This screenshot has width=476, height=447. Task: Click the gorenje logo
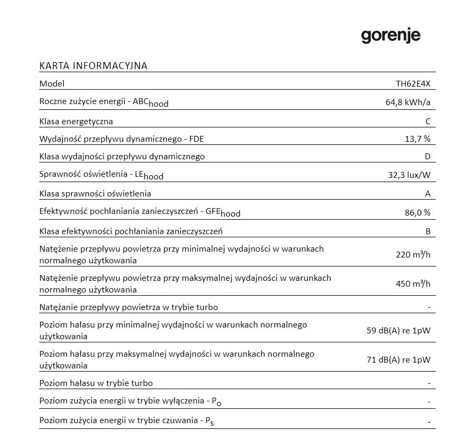pyautogui.click(x=391, y=36)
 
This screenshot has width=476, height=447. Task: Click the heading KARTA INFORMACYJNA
pyautogui.click(x=93, y=66)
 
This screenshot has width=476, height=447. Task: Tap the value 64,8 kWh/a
pyautogui.click(x=408, y=102)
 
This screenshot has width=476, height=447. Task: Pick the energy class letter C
pyautogui.click(x=428, y=122)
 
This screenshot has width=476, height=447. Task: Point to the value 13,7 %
pyautogui.click(x=417, y=139)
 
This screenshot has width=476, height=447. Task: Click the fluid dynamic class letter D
pyautogui.click(x=428, y=157)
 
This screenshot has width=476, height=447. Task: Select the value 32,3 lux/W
pyautogui.click(x=409, y=175)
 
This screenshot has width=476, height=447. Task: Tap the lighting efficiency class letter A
pyautogui.click(x=428, y=194)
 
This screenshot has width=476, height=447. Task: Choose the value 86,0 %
pyautogui.click(x=417, y=212)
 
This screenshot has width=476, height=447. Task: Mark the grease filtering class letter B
pyautogui.click(x=428, y=231)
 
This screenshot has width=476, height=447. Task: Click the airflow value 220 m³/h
pyautogui.click(x=413, y=255)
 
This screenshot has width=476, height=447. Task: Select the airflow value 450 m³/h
pyautogui.click(x=413, y=284)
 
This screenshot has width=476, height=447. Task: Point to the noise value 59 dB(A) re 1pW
pyautogui.click(x=398, y=331)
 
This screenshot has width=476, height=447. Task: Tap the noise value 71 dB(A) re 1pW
pyautogui.click(x=398, y=360)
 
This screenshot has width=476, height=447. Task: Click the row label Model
pyautogui.click(x=51, y=84)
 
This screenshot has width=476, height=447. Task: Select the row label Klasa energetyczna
pyautogui.click(x=76, y=122)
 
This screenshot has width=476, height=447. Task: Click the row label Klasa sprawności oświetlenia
pyautogui.click(x=95, y=194)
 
